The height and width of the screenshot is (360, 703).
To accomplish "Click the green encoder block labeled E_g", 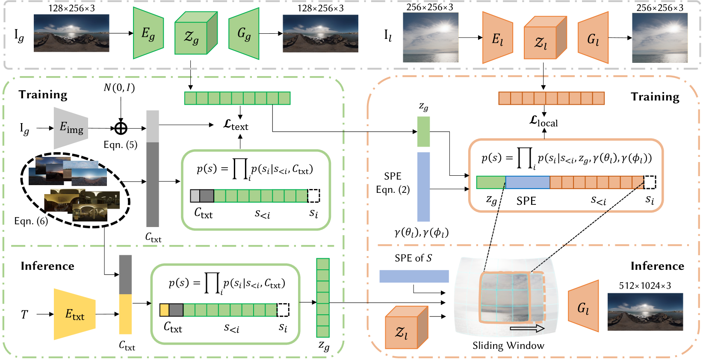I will click(x=148, y=33).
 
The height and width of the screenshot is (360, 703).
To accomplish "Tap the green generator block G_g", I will click(x=244, y=33).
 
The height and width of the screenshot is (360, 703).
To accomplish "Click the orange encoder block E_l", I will click(x=497, y=38).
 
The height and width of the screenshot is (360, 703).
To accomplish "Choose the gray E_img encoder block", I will click(x=71, y=128).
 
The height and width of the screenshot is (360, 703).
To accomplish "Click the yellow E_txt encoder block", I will click(x=74, y=314).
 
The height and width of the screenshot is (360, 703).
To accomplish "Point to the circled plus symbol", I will click(x=121, y=128).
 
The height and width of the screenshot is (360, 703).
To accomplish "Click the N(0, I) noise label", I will click(x=119, y=88).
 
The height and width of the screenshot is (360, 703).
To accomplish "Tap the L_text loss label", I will click(x=236, y=125).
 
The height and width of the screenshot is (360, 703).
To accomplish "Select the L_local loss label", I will click(x=543, y=121).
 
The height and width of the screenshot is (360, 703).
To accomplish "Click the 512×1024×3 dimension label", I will click(x=645, y=286).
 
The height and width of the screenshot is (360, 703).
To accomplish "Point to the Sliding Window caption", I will click(x=508, y=345).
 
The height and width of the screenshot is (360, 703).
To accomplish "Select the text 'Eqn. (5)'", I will click(x=121, y=145).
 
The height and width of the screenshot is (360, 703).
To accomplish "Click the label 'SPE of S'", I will click(x=413, y=258).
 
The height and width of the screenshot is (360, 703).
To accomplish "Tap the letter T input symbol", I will click(x=24, y=315).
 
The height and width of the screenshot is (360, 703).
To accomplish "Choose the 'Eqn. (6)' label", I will click(x=31, y=221).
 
